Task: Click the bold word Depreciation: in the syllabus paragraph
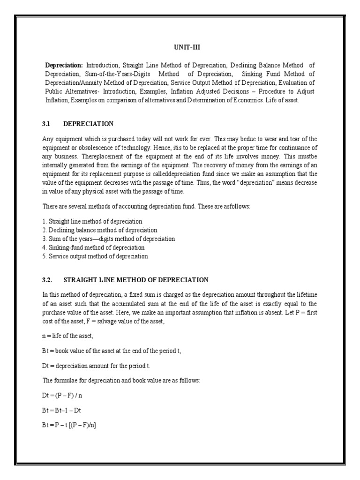pyautogui.click(x=64, y=65)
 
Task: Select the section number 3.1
pyautogui.click(x=46, y=124)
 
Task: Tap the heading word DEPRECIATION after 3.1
pyautogui.click(x=88, y=124)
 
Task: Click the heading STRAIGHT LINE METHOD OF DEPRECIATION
pyautogui.click(x=135, y=280)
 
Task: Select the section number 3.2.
pyautogui.click(x=47, y=280)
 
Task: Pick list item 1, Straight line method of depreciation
pyautogui.click(x=92, y=221)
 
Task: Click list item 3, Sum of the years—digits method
pyautogui.click(x=108, y=239)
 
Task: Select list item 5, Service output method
pyautogui.click(x=95, y=256)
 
